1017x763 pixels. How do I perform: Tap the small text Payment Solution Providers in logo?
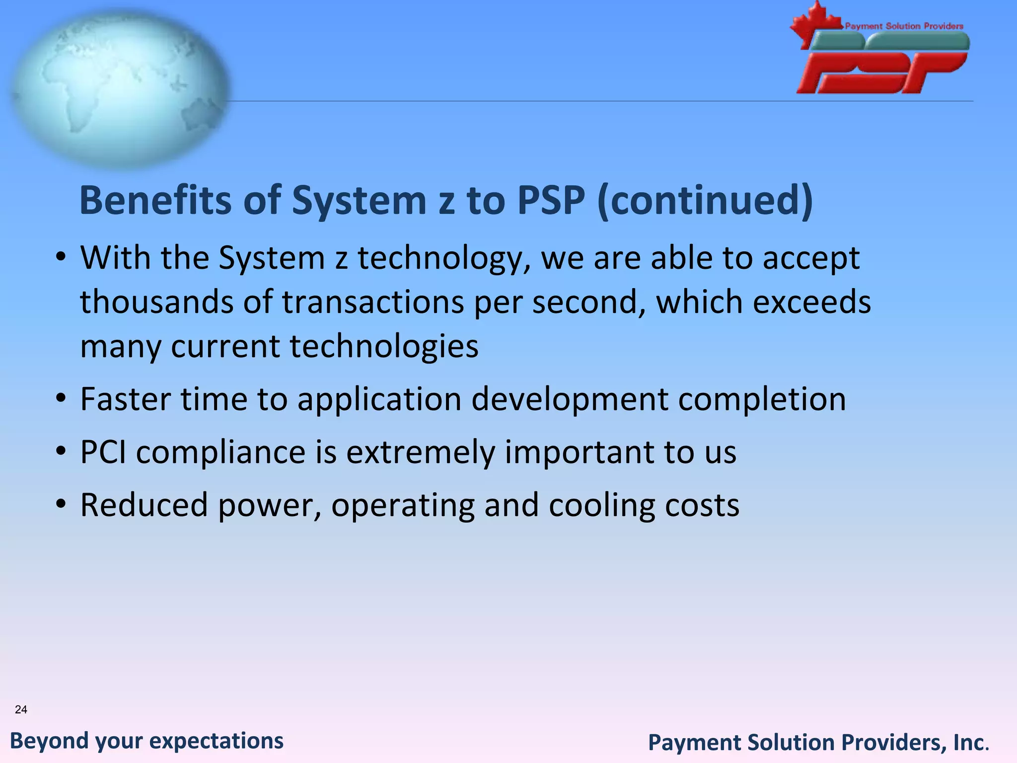click(904, 26)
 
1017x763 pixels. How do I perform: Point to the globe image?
click(119, 89)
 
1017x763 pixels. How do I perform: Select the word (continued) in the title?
click(705, 200)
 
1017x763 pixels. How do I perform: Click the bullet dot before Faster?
click(61, 399)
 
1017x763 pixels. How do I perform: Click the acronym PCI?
click(103, 452)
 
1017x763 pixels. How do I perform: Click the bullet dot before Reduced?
click(61, 505)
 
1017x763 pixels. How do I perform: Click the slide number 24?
click(21, 709)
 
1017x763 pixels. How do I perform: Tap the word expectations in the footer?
click(217, 741)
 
